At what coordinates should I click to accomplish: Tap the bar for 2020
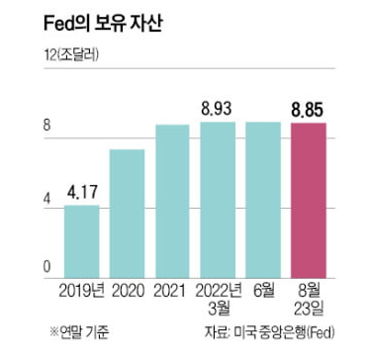(126, 213)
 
